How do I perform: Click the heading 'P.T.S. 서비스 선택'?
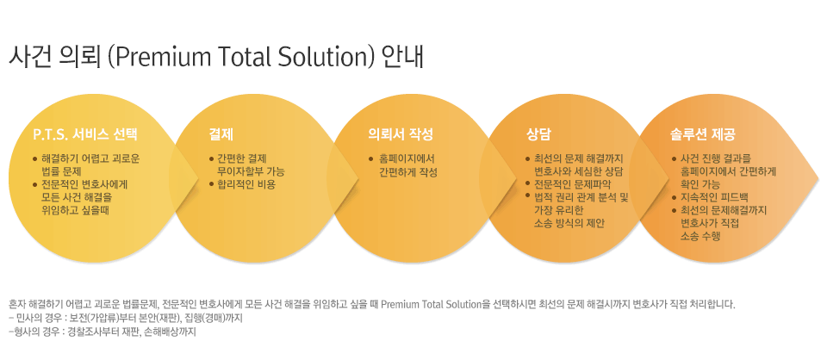[x=85, y=134]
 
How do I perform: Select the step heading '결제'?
[x=221, y=134]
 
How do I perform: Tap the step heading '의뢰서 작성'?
[x=401, y=134]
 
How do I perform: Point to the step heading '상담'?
[x=538, y=134]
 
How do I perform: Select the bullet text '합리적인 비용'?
[x=246, y=185]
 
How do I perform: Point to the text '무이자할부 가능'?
[x=251, y=172]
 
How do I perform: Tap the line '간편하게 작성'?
[x=408, y=172]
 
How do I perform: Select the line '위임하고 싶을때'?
[x=76, y=210]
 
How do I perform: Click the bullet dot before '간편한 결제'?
[x=212, y=159]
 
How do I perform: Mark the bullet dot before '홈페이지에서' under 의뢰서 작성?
[x=371, y=159]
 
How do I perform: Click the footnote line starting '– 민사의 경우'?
[x=126, y=319]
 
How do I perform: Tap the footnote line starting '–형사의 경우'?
[x=103, y=333]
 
